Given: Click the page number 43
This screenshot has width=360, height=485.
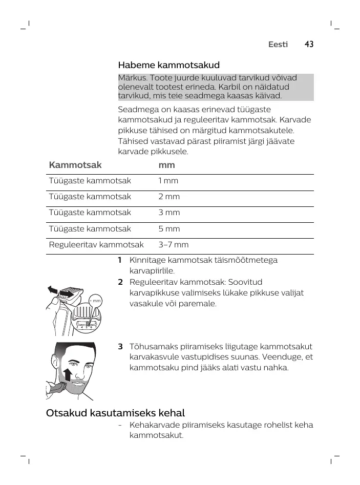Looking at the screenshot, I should coord(308,45).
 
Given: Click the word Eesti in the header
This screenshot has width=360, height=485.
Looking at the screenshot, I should coord(278,45).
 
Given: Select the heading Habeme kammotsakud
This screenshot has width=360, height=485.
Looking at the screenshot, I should coord(168,65).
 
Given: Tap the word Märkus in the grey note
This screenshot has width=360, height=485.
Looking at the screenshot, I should coord(132,77).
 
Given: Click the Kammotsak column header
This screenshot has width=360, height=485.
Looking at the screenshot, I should coord(75,165).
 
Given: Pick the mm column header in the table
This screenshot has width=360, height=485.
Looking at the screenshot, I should coord(166,165).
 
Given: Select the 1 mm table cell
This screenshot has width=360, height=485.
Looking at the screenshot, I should coord(168,181).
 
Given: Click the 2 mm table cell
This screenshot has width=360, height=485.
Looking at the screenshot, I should coord(168,197).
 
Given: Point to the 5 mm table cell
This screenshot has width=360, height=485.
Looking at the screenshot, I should coord(168,229).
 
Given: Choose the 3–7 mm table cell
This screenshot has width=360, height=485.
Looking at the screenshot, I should coord(173,245).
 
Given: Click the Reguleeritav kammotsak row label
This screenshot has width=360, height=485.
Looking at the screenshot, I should coord(96,245).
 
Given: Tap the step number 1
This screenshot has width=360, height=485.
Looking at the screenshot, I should coord(120,260).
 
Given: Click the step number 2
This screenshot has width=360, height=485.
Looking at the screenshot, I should coord(120,282).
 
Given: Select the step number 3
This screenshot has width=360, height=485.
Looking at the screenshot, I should coord(120,346).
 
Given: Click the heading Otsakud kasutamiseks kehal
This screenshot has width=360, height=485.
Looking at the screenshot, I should coord(115,413).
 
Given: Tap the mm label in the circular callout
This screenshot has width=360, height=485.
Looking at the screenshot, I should coord(96,301).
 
